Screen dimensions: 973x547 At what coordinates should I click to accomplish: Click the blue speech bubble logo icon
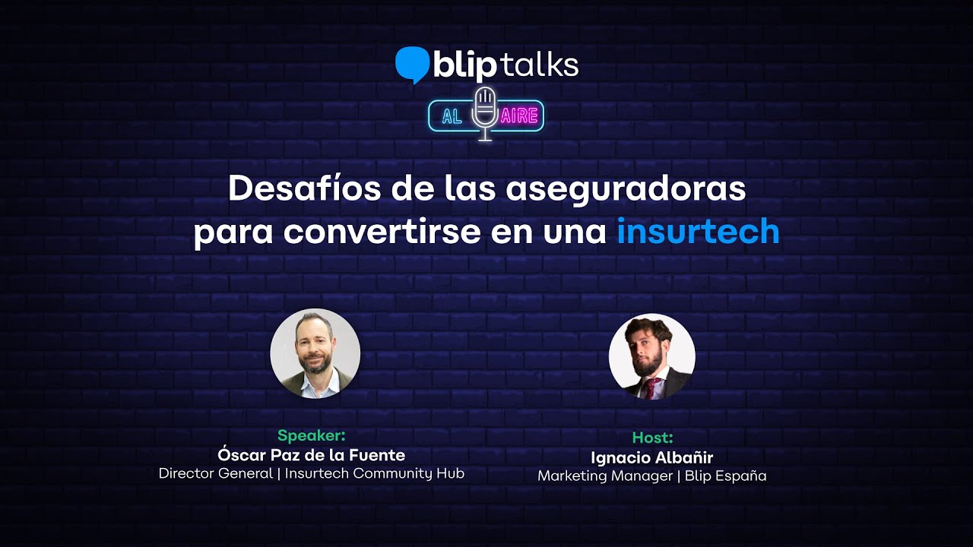click(x=412, y=65)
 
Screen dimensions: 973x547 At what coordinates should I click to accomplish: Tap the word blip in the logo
click(x=464, y=66)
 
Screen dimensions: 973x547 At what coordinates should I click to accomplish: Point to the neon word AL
click(x=452, y=116)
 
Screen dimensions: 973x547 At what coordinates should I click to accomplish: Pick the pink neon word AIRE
click(x=519, y=116)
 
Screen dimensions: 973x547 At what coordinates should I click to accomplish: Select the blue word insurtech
click(x=698, y=230)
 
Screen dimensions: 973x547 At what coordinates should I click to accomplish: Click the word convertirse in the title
click(x=382, y=232)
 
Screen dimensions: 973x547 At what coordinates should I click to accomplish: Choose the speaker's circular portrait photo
click(x=315, y=353)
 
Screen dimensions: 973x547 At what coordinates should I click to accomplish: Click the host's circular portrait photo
click(x=651, y=356)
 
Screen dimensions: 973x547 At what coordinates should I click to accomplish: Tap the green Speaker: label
click(x=312, y=435)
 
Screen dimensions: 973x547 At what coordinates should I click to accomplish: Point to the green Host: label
click(x=652, y=438)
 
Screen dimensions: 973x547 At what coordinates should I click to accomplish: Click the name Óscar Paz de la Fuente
click(x=312, y=454)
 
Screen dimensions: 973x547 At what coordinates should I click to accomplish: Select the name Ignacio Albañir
click(x=652, y=457)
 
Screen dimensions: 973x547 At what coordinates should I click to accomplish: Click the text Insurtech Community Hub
click(x=375, y=473)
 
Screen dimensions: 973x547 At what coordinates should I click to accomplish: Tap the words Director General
click(x=215, y=473)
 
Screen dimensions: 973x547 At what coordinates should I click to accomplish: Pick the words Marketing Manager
click(x=605, y=476)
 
